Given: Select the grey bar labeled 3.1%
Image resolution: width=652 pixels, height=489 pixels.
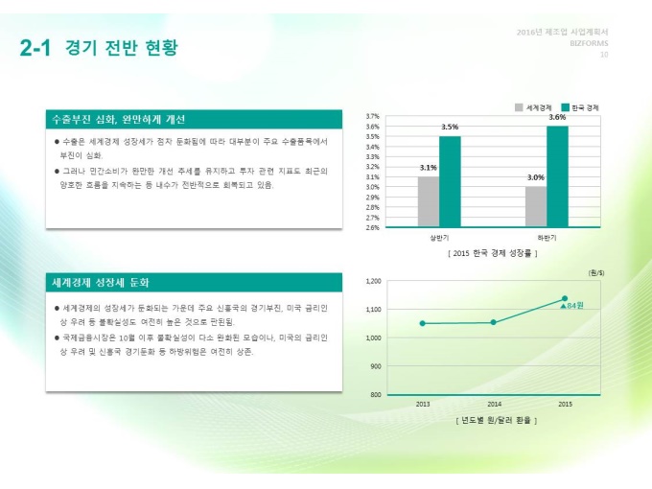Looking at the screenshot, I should coord(429,201).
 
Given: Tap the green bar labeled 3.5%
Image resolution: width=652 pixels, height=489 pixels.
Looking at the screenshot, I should coord(450,181).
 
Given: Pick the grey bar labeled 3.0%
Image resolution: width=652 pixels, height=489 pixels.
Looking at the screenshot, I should coord(536,206).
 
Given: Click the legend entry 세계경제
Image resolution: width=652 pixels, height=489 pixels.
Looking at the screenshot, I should coord(533,107).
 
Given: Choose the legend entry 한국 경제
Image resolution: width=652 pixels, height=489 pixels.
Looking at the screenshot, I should coord(580,107).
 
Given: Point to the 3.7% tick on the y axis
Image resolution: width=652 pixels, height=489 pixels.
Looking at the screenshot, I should coord(373,116).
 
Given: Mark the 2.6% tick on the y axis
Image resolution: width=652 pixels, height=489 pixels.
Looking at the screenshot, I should coord(373,227).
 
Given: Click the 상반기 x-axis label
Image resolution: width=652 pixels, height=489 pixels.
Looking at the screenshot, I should coord(439,236).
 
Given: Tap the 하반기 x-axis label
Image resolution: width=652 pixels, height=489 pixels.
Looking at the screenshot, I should coord(547,236).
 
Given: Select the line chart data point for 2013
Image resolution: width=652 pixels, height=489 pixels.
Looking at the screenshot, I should coord(423,323).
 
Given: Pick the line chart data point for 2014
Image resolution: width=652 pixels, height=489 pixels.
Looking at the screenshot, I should coord(494,322).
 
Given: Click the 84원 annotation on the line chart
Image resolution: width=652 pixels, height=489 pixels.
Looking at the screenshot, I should coord(575,305).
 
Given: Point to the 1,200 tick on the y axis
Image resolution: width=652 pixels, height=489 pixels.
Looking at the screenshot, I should coord(374,281).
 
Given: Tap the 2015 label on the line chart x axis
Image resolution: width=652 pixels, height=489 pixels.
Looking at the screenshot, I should coord(565,404).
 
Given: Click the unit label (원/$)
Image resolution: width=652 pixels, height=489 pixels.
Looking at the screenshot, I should coord(595,271).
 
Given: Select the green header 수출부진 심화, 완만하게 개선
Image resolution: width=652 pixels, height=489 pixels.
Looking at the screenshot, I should coord(119,120).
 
